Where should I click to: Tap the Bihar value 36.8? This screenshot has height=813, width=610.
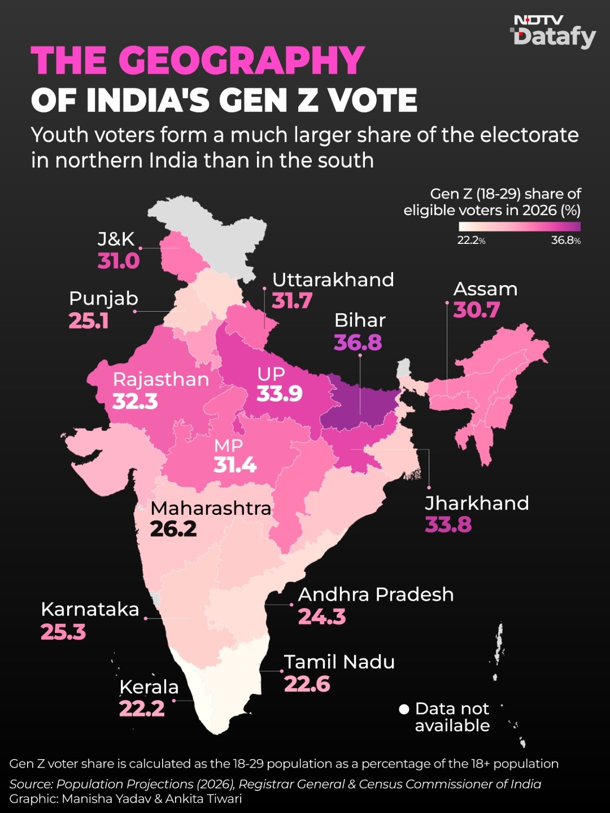click(358, 342)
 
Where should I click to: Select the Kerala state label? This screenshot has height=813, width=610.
click(149, 688)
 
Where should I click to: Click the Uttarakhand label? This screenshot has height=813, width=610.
click(333, 280)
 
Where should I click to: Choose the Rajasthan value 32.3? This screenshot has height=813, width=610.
click(135, 401)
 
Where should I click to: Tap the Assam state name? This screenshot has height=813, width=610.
click(485, 289)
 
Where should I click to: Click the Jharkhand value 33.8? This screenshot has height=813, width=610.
click(448, 524)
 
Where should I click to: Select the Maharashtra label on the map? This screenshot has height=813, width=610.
click(211, 509)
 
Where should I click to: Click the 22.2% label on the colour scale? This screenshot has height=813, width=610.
click(471, 241)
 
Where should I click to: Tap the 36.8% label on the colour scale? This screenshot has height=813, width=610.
click(566, 241)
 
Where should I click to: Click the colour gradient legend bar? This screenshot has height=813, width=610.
click(520, 226)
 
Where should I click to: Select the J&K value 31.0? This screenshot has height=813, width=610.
click(119, 261)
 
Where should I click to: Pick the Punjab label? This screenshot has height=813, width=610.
click(104, 299)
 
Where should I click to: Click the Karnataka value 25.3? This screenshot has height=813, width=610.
click(63, 632)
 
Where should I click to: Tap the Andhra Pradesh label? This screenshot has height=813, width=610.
click(376, 595)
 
